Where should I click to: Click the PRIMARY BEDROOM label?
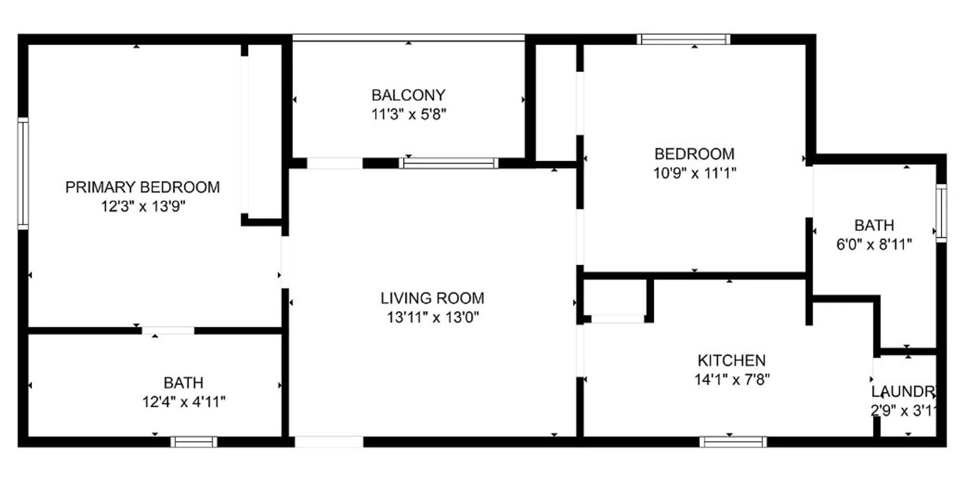coord(143,187)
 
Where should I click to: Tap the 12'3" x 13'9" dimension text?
coord(143,206)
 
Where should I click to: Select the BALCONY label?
coord(408,95)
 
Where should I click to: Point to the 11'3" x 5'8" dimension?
coord(409,114)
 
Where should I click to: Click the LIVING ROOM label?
coord(432,298)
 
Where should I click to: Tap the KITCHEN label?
coord(732,360)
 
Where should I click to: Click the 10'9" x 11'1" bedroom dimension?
coord(694,173)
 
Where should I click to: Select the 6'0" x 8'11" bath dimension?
coord(874,245)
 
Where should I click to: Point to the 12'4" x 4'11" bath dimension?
coord(184,402)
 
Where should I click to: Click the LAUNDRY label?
coord(904,392)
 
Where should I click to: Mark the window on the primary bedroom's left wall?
coord(23,173)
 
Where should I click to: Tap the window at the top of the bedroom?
coord(683,39)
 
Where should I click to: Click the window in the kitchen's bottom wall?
coord(733,442)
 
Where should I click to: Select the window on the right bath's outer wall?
coord(941,213)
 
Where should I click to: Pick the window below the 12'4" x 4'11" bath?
coord(194,442)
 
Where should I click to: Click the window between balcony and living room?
coord(449,163)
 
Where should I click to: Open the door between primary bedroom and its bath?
coord(168,330)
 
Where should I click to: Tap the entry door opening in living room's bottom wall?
coord(328,442)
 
